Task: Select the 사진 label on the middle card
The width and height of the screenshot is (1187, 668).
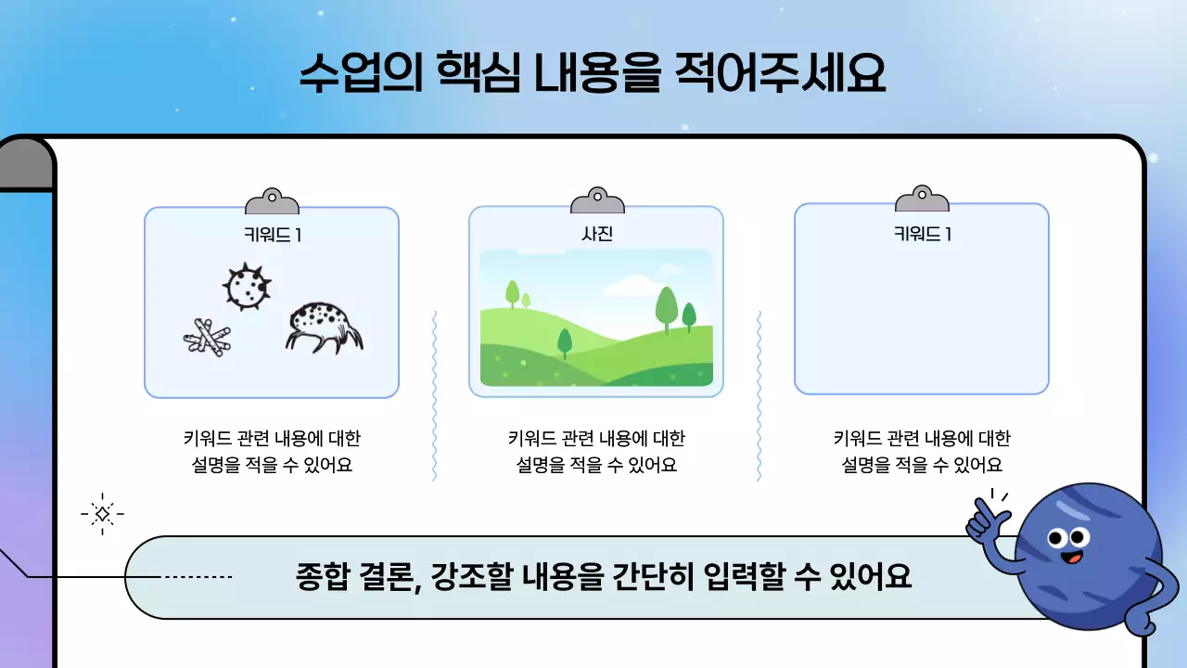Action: point(596,235)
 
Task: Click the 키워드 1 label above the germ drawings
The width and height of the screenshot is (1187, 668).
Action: point(272,235)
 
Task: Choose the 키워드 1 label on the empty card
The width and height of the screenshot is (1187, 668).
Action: point(922,235)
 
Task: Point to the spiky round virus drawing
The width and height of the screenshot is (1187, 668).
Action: point(247,287)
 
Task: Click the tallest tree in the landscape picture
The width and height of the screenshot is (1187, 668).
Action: point(667,307)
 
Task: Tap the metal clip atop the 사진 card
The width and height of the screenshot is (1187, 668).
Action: point(597,200)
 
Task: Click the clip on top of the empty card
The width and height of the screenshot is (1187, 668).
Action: point(922,199)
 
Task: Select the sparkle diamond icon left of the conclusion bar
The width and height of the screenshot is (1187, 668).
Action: point(103,513)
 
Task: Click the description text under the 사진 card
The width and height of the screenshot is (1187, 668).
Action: point(596,451)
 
